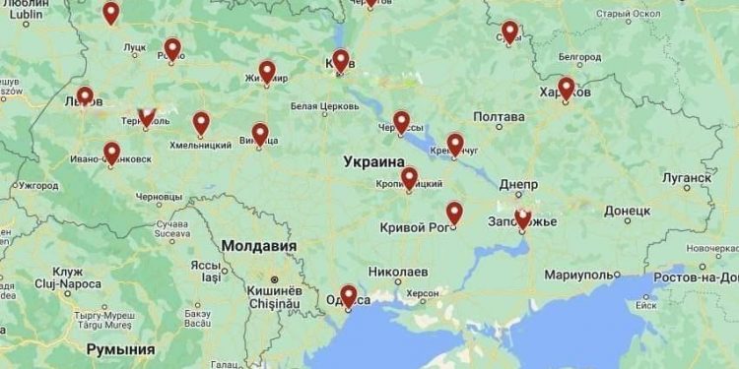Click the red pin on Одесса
(348, 294)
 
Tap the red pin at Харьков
(566, 87)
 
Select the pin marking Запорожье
(522, 217)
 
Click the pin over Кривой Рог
(454, 212)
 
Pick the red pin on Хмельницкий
(201, 122)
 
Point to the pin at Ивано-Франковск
(111, 152)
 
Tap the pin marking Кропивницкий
(409, 177)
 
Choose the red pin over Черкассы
(401, 121)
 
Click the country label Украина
(373, 160)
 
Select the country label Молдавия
(258, 245)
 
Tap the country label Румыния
(120, 349)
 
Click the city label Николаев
(398, 271)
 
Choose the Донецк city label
(627, 211)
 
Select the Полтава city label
(499, 117)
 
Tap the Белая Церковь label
(317, 105)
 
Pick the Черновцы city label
(160, 197)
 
